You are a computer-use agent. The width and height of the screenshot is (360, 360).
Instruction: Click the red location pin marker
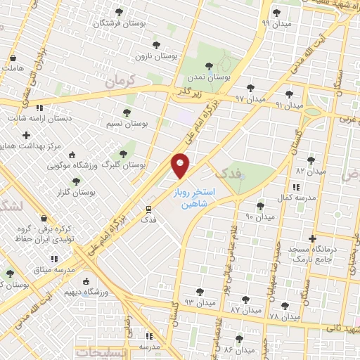tap(181, 166)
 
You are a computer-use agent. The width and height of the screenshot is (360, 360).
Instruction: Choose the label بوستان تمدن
tap(210, 77)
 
